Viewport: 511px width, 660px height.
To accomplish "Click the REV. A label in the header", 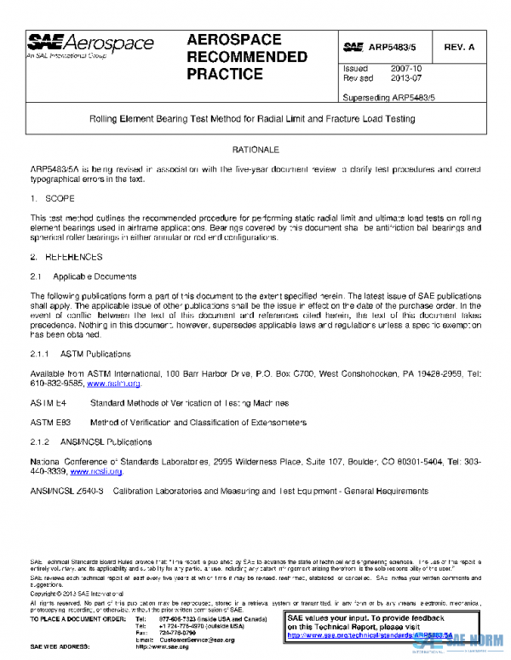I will pyautogui.click(x=459, y=47).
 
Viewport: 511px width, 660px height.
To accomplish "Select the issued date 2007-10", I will pyautogui.click(x=405, y=68).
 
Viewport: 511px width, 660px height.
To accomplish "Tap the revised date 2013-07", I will pyautogui.click(x=405, y=77).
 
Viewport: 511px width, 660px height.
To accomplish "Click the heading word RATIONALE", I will pyautogui.click(x=255, y=150).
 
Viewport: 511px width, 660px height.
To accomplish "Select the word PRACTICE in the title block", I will pyautogui.click(x=224, y=74).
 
